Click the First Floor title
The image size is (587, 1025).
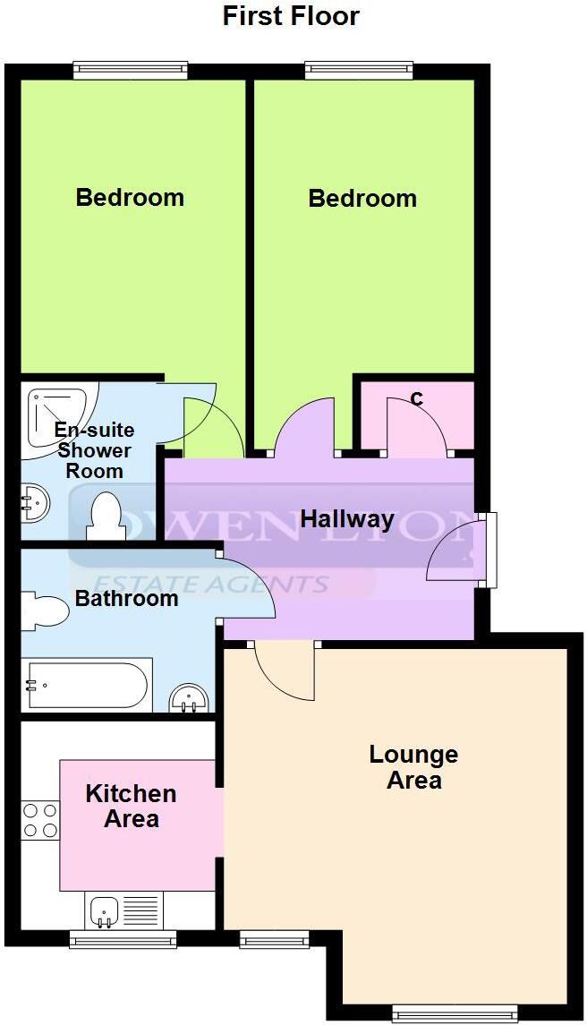pos(292,16)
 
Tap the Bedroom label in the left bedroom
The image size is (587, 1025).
pos(130,197)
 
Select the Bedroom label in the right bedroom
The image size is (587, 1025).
pos(362,198)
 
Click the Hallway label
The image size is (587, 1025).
pos(347,519)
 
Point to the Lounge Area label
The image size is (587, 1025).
pos(413,767)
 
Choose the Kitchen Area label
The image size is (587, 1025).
pos(131,806)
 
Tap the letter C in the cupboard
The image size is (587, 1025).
pos(416,400)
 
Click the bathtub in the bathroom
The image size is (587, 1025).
pos(86,686)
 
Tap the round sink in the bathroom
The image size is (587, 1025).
pos(189,697)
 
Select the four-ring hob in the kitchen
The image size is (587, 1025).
pos(40,820)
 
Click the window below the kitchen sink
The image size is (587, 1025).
pos(123,939)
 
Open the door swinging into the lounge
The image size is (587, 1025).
pos(285,671)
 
